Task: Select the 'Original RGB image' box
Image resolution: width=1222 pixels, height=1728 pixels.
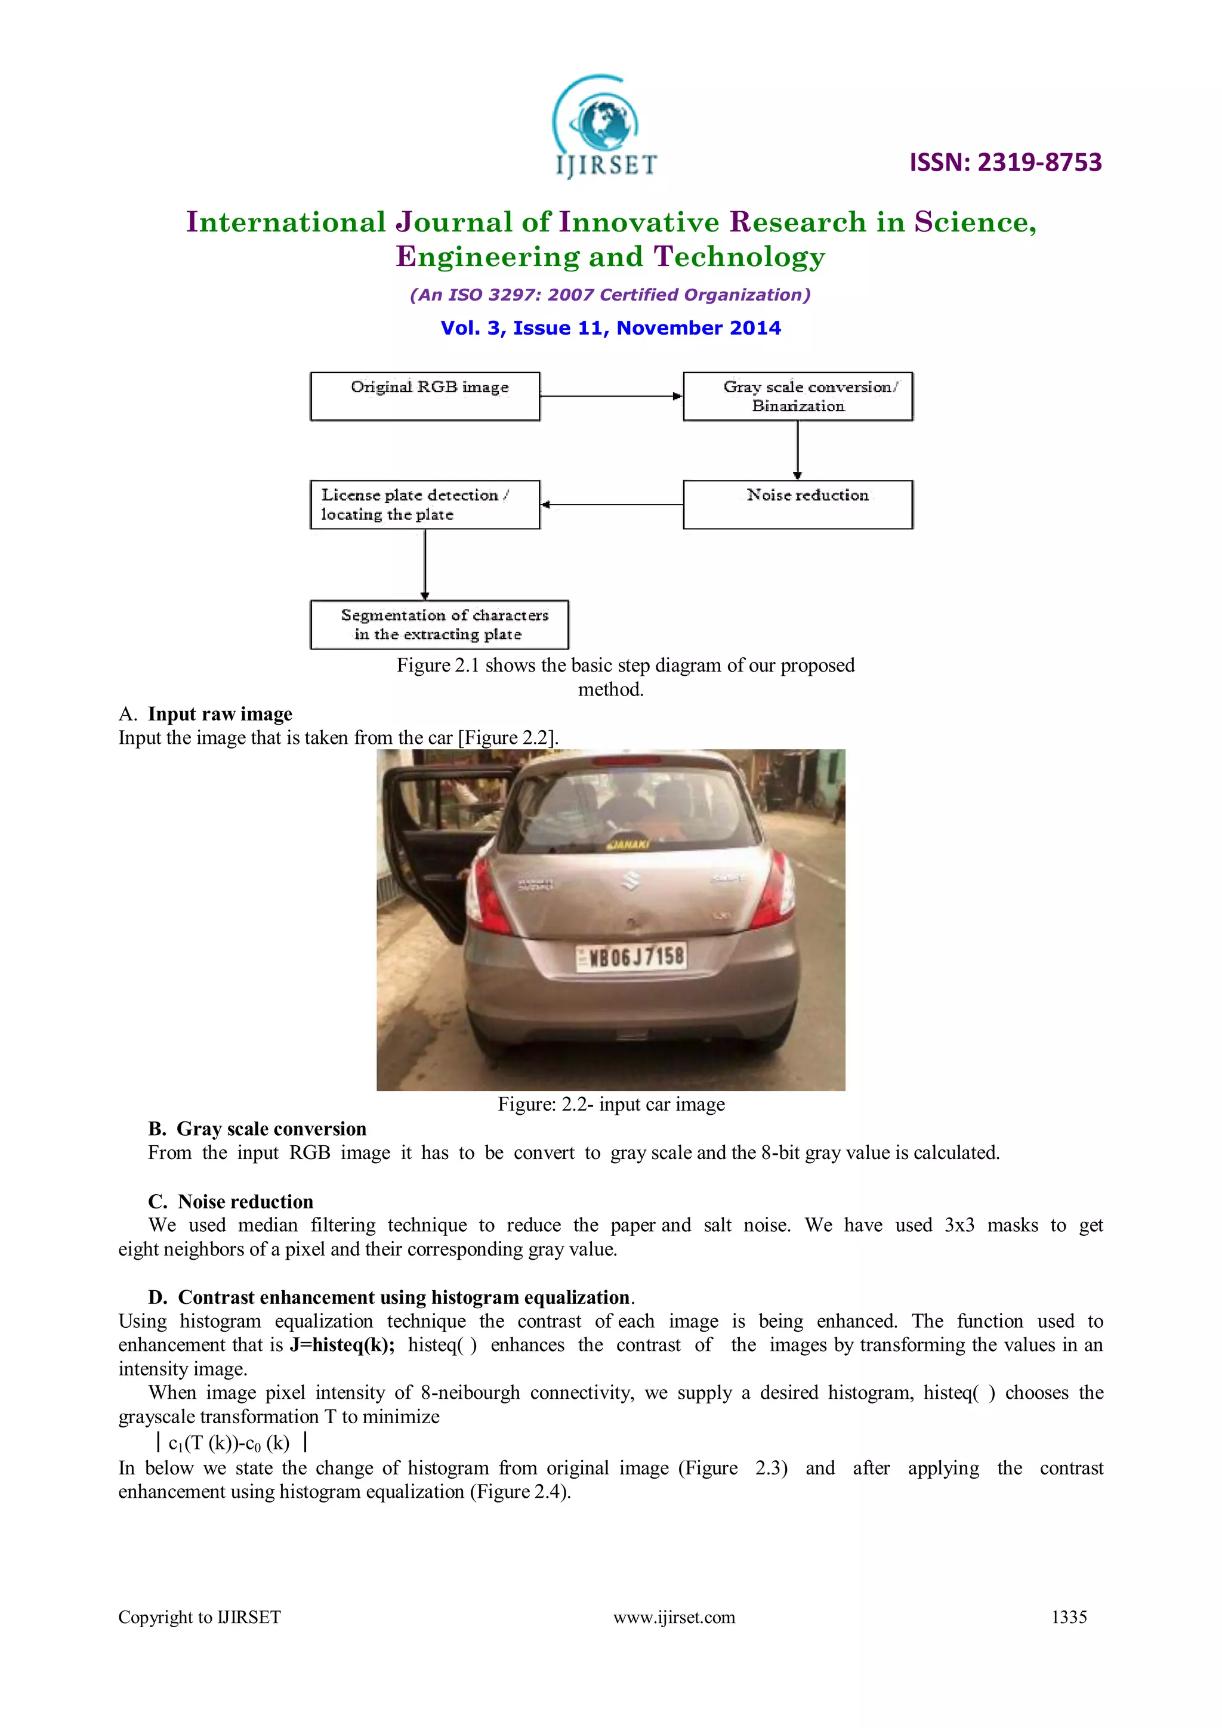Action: (425, 396)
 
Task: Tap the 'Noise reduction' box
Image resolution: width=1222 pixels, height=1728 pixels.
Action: (797, 504)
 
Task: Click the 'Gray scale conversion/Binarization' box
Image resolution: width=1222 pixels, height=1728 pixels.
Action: (797, 396)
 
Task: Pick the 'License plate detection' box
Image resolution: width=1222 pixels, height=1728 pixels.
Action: (425, 504)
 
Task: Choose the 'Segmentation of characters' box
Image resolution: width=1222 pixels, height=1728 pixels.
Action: (439, 624)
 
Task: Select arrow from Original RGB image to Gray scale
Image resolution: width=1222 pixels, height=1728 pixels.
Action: (610, 396)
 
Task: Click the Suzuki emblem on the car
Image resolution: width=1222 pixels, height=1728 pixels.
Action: (631, 880)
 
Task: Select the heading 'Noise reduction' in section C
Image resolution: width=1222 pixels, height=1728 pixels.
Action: (245, 1201)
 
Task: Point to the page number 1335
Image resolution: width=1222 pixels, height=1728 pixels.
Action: (1069, 1616)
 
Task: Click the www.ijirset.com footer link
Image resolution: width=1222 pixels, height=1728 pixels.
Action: (674, 1616)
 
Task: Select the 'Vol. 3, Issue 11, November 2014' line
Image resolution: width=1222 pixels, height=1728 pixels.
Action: (610, 328)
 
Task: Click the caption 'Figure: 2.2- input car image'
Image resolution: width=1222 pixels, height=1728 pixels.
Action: (610, 1104)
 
